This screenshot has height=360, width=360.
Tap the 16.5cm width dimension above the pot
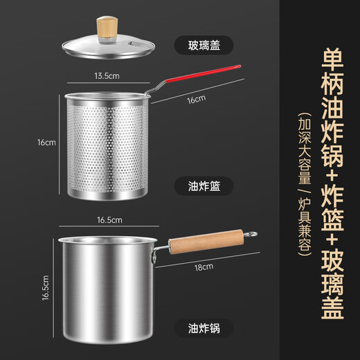tap(109, 220)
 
